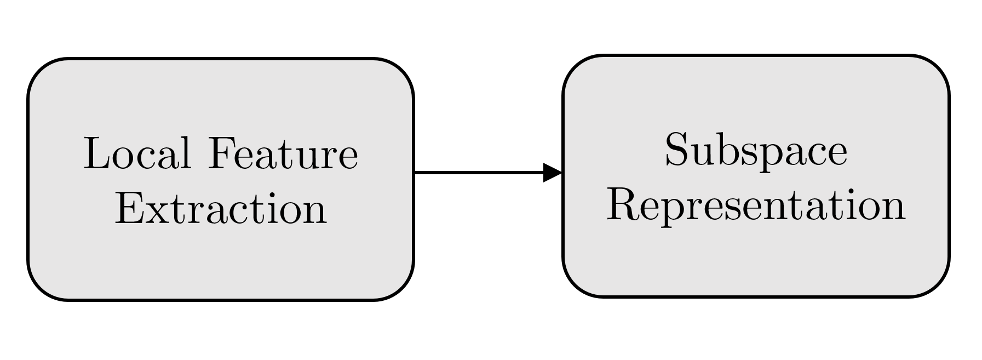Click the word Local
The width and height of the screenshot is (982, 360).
point(137,154)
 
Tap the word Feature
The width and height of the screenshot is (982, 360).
point(283,154)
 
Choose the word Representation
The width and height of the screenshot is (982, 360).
point(756,207)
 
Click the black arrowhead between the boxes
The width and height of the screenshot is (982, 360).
point(552,173)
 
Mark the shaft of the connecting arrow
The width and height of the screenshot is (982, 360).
point(476,173)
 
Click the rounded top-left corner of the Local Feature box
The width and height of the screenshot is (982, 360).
point(39,70)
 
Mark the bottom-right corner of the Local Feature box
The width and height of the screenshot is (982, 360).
point(401,288)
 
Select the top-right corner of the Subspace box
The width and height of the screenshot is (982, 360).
point(937,67)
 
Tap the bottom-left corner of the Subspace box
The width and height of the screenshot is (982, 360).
point(575,285)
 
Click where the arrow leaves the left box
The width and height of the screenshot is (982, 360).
point(415,173)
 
